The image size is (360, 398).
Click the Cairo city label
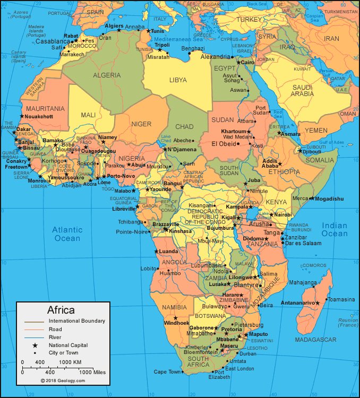point(248,63)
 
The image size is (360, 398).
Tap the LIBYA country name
point(178,80)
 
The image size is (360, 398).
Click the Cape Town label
point(168,372)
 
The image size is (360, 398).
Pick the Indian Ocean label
point(335,230)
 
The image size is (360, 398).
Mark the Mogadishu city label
point(329,199)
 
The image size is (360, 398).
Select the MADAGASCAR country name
point(315,340)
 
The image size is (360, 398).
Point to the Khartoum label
point(233,131)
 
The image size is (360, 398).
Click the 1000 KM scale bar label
point(70,362)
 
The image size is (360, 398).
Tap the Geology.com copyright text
point(63,380)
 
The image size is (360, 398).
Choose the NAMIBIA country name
point(175,307)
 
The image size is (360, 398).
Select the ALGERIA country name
point(107,75)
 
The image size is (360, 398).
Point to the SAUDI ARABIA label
point(303,90)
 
